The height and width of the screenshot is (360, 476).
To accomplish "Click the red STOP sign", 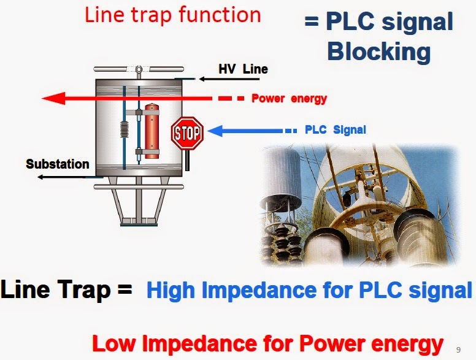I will [187, 133].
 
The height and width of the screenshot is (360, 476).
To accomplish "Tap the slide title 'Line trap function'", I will [172, 15].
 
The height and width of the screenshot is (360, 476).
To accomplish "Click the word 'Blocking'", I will [378, 51].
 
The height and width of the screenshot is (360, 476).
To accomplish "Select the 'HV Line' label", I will [243, 69].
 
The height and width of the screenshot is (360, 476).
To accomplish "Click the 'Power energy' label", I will [289, 98].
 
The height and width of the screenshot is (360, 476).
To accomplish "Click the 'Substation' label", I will [57, 164].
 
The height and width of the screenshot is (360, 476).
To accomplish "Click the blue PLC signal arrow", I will [245, 130].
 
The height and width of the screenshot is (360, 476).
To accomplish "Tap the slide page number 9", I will [458, 350].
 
